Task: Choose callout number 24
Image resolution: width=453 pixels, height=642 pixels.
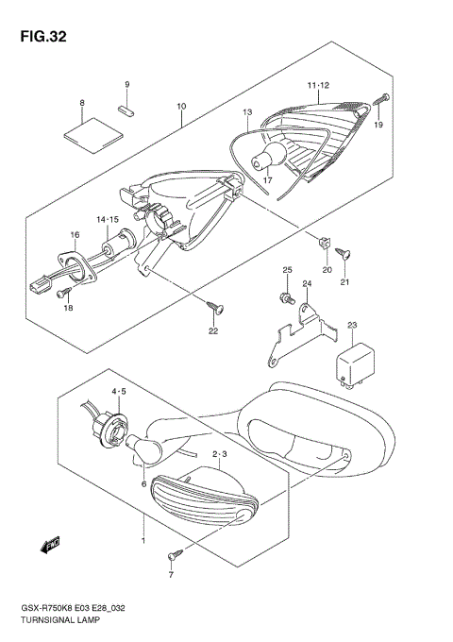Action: (x=307, y=284)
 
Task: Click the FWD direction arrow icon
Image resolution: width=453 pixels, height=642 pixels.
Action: (x=49, y=544)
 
